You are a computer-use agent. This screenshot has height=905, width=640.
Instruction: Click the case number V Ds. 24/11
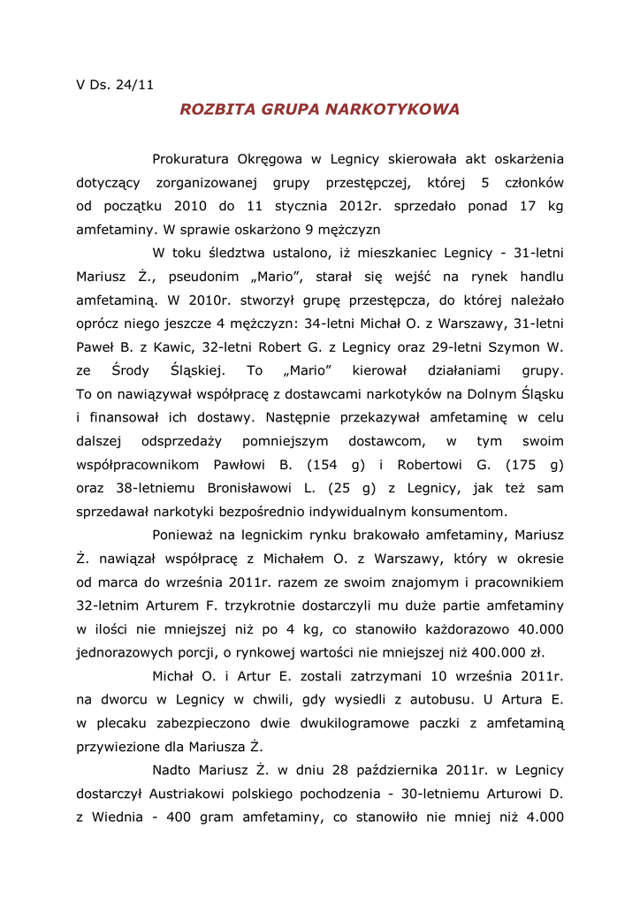pos(115,86)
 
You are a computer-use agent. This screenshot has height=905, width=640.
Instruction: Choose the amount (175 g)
pos(534,465)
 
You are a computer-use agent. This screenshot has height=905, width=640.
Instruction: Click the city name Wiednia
pos(115,818)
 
